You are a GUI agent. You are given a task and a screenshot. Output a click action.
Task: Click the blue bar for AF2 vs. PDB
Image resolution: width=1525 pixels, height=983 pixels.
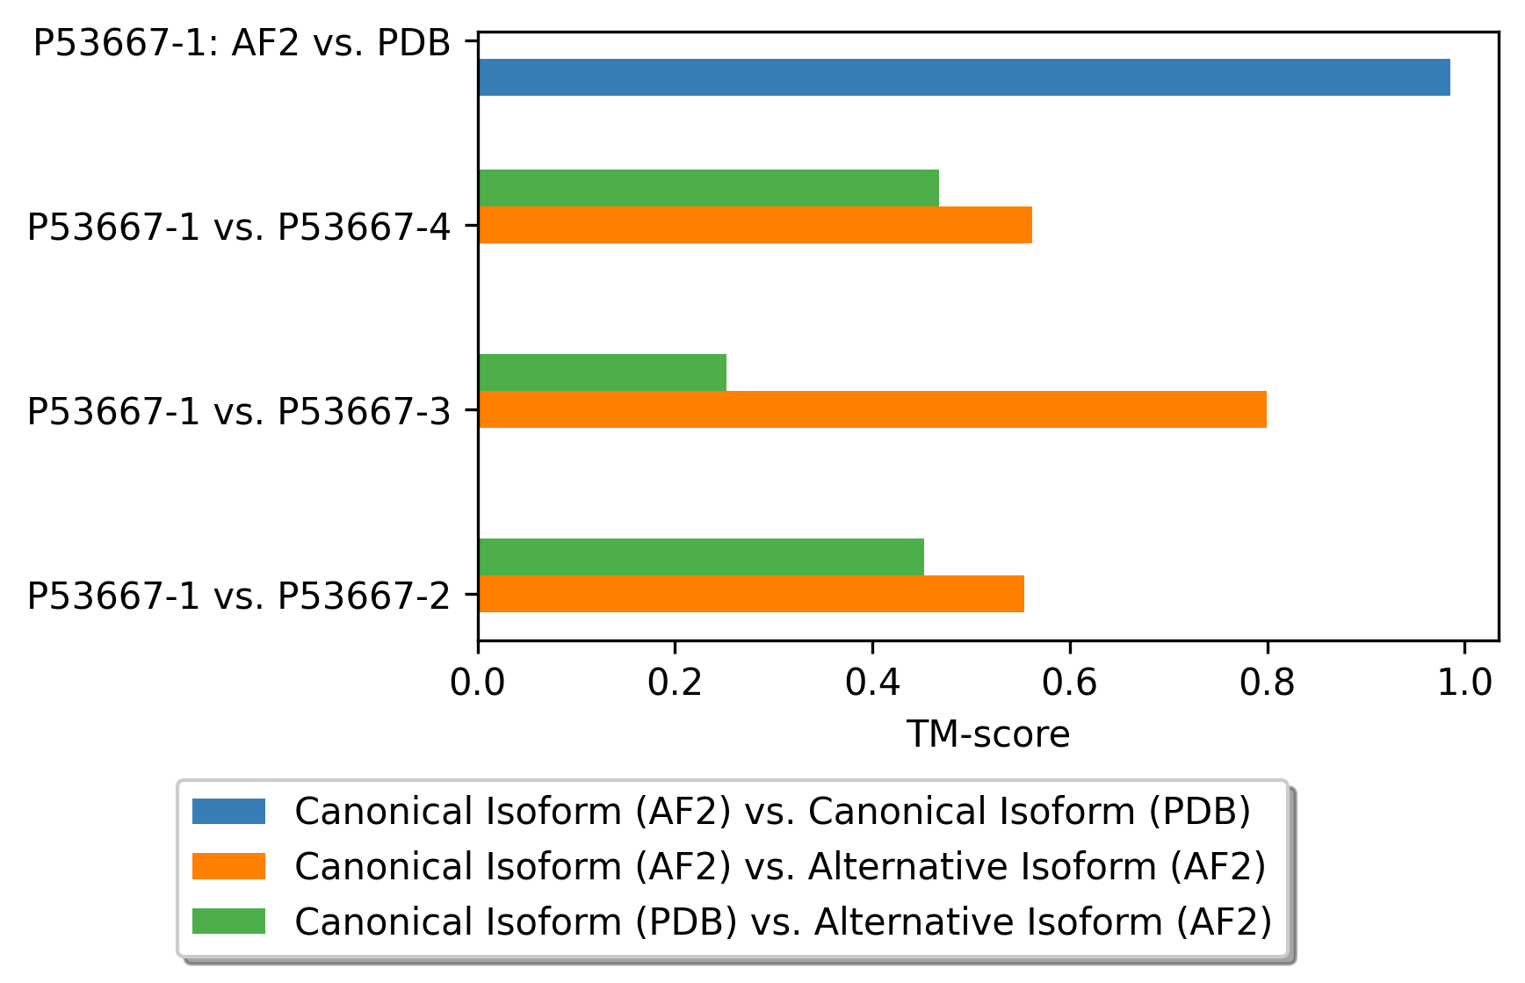pos(964,77)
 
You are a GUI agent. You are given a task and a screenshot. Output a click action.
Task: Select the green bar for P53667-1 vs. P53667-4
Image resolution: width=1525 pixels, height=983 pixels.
pos(708,187)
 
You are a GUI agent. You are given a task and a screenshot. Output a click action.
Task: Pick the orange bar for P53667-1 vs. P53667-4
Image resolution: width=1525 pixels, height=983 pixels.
pos(755,225)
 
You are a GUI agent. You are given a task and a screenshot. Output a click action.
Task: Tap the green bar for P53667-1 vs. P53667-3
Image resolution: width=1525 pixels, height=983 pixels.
pos(602,372)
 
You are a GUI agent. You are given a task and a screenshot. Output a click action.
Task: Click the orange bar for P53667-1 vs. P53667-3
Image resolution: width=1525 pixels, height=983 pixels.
pos(871,409)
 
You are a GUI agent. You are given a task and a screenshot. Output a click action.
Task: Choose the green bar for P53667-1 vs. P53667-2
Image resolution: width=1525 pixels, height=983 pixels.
pos(700,556)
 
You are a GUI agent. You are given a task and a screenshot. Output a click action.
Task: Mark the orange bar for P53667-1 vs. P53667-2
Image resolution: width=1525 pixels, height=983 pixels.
pos(750,594)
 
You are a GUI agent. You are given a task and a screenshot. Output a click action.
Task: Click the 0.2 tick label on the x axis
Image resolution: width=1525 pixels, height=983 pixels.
pos(675,683)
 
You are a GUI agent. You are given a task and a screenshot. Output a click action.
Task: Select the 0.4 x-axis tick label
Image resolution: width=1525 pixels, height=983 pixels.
pos(872,683)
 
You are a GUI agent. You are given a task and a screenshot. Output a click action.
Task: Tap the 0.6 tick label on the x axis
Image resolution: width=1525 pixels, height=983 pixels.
pos(1069,683)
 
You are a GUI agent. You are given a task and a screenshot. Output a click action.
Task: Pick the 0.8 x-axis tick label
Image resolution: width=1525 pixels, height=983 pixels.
pos(1267,683)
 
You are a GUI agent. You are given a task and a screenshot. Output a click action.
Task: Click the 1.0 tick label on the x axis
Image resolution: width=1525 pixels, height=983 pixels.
pos(1464,683)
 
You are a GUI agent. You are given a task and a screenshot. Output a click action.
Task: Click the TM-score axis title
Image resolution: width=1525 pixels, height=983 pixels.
pos(987,734)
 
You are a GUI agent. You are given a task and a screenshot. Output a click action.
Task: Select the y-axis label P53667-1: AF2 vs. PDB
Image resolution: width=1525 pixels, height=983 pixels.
pos(242,43)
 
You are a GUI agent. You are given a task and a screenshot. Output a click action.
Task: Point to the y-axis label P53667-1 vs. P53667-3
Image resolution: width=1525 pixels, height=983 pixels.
pos(239,411)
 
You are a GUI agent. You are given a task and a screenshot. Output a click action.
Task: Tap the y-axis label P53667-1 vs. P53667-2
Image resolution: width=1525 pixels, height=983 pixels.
pos(239,596)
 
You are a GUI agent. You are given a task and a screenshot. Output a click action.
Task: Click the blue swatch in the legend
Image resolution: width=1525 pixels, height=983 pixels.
pos(228,811)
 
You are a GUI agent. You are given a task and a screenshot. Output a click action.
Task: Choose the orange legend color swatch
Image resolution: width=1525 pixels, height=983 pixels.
pos(228,866)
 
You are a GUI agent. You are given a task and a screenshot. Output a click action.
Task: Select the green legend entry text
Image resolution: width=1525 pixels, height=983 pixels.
pos(783,922)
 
